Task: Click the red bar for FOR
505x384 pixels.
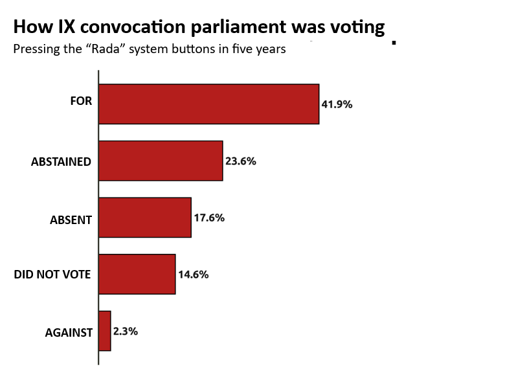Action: click(x=208, y=104)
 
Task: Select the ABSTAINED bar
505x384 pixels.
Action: click(x=161, y=161)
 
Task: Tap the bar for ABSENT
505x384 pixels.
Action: click(x=145, y=218)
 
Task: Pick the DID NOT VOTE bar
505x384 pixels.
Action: click(x=137, y=274)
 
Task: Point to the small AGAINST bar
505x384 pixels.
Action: click(x=105, y=331)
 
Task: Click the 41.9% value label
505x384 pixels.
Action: click(x=337, y=104)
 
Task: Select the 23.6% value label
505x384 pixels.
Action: click(x=241, y=161)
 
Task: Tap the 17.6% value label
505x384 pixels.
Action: click(x=209, y=218)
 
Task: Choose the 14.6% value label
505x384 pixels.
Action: click(x=193, y=275)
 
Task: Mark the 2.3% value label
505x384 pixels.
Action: click(x=126, y=331)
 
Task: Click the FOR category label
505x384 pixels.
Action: click(x=81, y=101)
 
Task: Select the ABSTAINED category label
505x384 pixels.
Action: click(x=61, y=162)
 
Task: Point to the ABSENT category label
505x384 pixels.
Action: click(x=71, y=220)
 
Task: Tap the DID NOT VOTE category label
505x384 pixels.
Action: click(x=52, y=275)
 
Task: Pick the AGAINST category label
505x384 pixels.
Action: click(x=69, y=333)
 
